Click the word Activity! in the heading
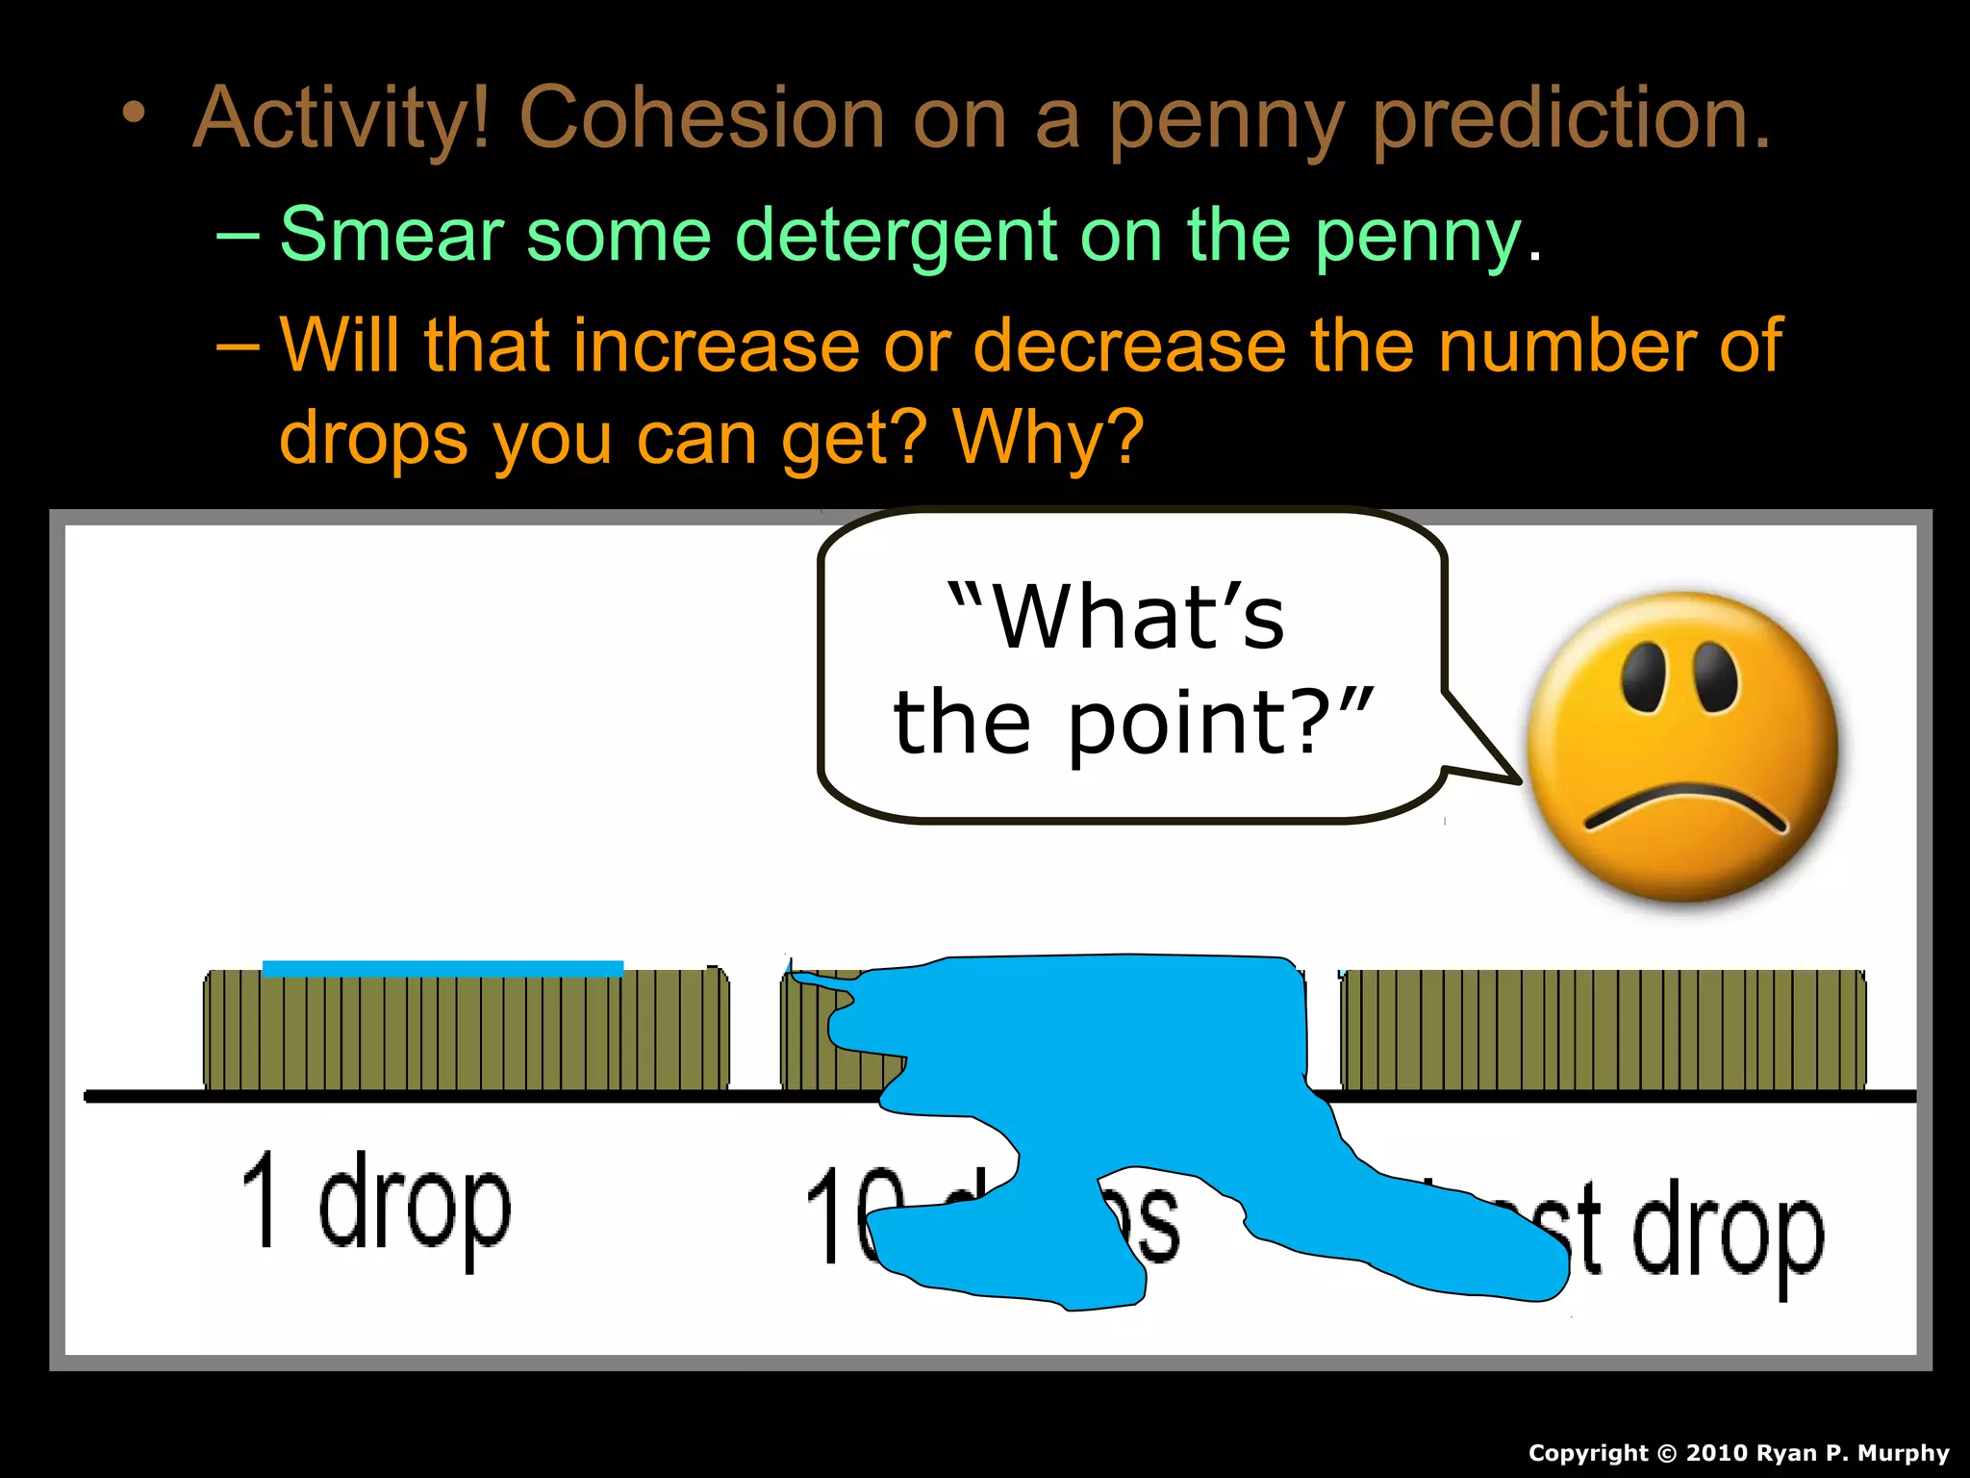click(341, 120)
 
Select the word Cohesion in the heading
click(701, 118)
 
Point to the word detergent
click(895, 237)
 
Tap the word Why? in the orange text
click(1048, 438)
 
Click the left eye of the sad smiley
click(1642, 676)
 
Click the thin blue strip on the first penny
click(442, 969)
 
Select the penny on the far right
click(1603, 1030)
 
